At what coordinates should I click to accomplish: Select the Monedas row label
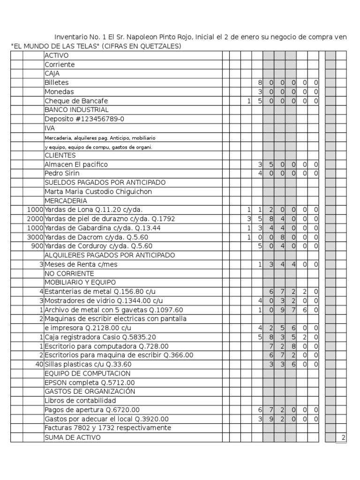point(59,92)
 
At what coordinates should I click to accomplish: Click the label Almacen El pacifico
point(76,165)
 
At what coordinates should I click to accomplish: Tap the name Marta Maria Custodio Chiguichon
point(98,192)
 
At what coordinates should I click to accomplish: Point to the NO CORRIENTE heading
point(69,273)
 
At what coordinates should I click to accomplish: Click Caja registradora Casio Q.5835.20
point(100,337)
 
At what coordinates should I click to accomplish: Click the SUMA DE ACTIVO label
point(72,437)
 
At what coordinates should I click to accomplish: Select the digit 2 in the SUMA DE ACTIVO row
point(343,437)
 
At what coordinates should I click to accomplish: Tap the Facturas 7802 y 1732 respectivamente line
point(107,428)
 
